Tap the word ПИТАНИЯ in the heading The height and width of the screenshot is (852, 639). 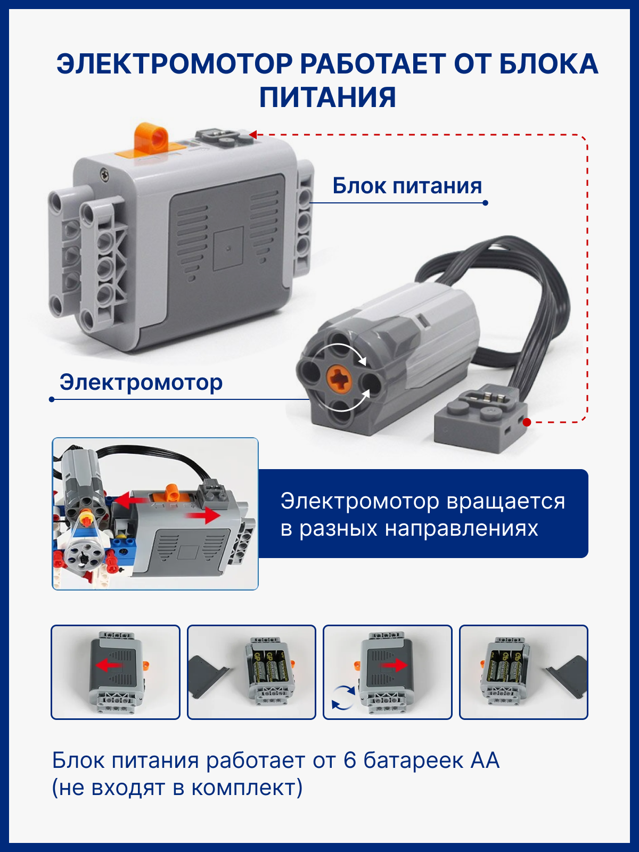coord(328,97)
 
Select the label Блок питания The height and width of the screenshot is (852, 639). coord(407,186)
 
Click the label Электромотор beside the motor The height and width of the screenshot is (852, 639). coord(141,382)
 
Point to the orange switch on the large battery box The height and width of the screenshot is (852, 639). coord(151,138)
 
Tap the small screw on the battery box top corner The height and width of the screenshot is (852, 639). coord(104,174)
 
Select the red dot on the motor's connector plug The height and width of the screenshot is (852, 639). coord(527,422)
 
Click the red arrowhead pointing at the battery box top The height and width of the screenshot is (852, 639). coord(253,135)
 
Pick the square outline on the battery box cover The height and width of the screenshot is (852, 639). coord(228,249)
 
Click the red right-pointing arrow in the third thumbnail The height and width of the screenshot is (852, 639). coord(393,665)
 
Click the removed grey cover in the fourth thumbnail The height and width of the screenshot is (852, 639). coord(567,676)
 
